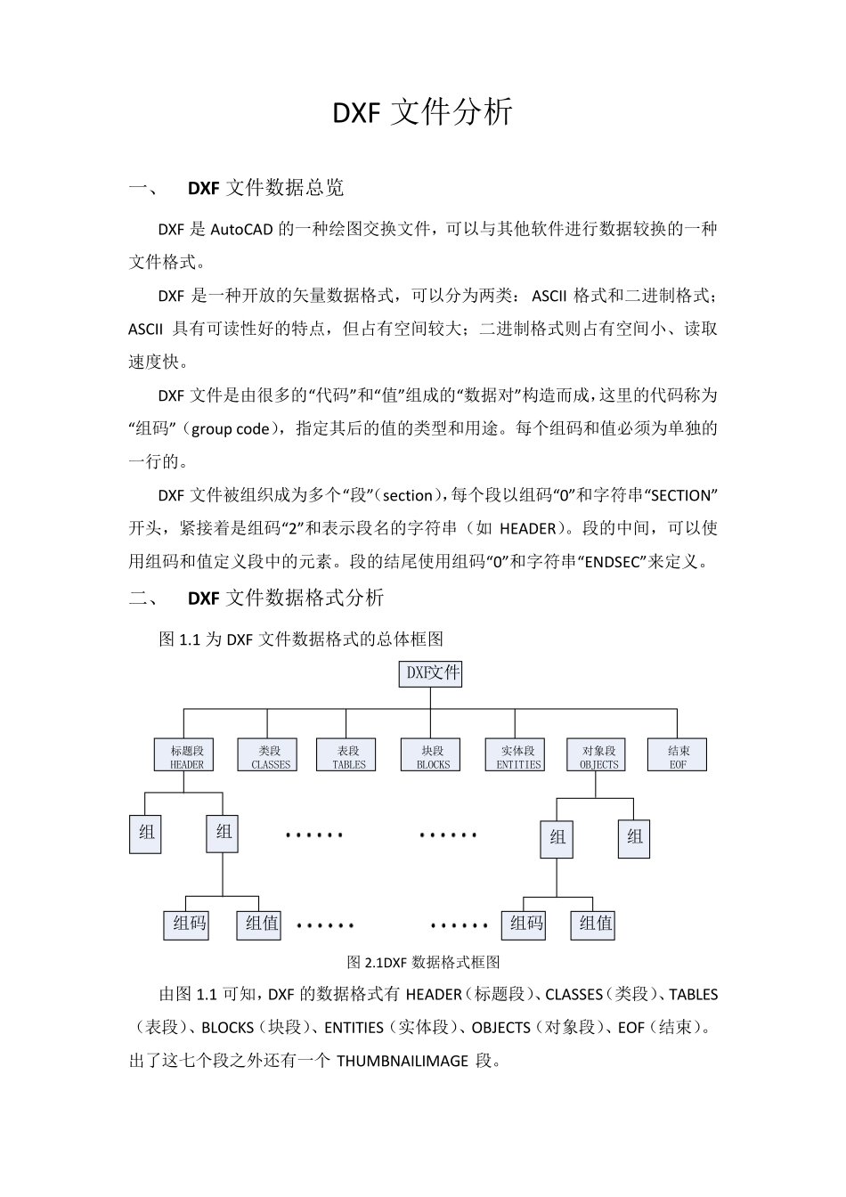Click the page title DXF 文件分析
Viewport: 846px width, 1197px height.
pos(422,112)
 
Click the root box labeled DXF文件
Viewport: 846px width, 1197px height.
pos(431,673)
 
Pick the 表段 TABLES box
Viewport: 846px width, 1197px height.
pos(347,756)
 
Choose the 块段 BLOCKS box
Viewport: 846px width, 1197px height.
pos(432,756)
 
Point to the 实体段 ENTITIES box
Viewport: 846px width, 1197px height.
pos(517,756)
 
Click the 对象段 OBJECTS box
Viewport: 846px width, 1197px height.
pos(598,756)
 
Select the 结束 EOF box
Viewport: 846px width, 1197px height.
pos(677,756)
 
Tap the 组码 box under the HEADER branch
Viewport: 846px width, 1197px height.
pos(189,924)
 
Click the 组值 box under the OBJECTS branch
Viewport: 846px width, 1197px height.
pos(595,924)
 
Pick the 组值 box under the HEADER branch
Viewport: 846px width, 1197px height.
pos(261,924)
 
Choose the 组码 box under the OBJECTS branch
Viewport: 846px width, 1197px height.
pos(525,924)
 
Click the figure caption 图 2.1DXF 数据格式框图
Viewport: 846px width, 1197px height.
pos(423,963)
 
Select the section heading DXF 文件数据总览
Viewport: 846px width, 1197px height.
pos(265,188)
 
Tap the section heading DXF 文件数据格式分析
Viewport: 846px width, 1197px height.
pos(285,598)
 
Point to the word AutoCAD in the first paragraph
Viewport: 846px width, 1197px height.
pos(242,229)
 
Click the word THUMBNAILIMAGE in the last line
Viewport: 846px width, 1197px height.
pos(402,1061)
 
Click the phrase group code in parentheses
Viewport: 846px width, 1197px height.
pos(231,428)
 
